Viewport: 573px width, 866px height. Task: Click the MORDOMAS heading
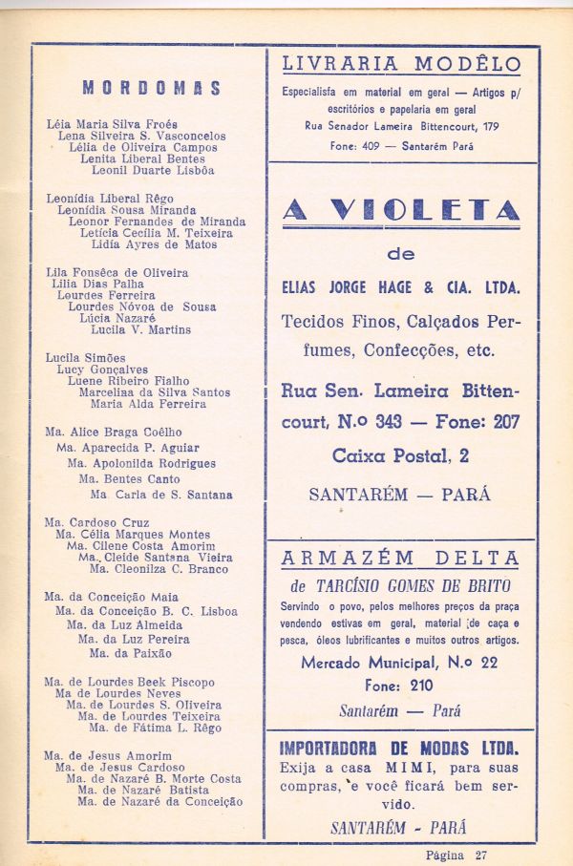coord(152,89)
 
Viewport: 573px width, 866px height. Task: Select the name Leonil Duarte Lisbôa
coord(153,171)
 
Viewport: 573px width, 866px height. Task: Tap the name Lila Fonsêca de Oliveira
coord(117,272)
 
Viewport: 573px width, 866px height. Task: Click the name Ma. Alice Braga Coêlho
coord(114,432)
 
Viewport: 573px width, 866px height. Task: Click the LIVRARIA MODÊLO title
coord(401,65)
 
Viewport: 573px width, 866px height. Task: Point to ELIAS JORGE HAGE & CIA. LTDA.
coord(400,286)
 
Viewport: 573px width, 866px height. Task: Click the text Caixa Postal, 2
coord(400,456)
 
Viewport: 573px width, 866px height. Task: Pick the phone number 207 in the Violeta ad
coord(505,422)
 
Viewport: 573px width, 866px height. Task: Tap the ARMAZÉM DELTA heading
coord(401,559)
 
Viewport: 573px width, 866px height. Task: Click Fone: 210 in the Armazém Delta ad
coord(399,686)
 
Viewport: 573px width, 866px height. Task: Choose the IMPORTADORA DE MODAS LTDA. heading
coord(400,748)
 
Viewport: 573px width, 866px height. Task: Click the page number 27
coord(480,855)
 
